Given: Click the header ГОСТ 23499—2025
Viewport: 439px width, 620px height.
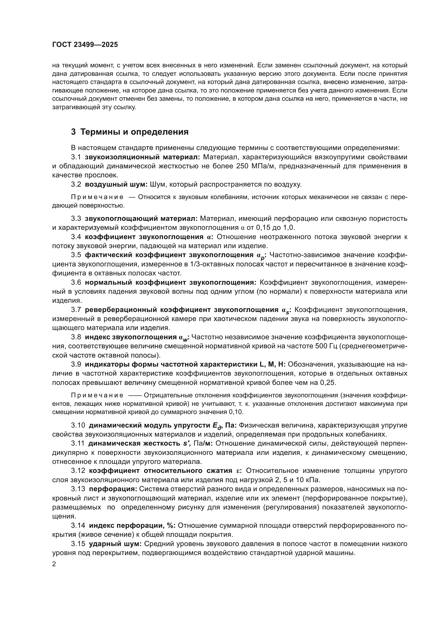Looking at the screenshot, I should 85,45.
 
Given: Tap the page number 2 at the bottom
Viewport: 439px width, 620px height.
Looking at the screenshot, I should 54,564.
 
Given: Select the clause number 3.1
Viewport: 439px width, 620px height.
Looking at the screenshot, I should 76,157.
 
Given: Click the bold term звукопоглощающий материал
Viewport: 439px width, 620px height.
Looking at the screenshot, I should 141,218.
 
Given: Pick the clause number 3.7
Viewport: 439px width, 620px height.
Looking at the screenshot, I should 76,310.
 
